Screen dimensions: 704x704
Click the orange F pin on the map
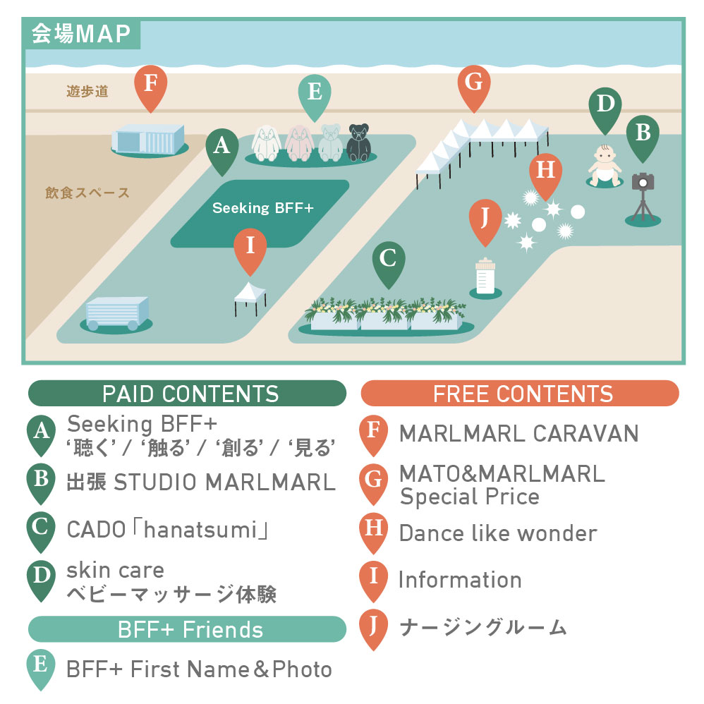tap(150, 85)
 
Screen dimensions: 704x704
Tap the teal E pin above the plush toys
tap(315, 94)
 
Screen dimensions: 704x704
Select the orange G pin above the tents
tap(474, 85)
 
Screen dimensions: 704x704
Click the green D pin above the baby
tap(605, 107)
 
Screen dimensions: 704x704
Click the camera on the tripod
tap(643, 182)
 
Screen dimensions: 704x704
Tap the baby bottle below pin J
tap(485, 276)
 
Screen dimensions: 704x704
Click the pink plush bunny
tap(299, 142)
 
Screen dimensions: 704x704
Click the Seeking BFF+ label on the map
tap(262, 208)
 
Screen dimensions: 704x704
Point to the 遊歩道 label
tap(87, 91)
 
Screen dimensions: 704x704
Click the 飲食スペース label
tap(87, 193)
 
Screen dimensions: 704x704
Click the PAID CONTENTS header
tap(188, 394)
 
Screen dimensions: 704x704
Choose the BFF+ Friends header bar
tap(188, 629)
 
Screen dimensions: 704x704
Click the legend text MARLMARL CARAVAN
tap(518, 433)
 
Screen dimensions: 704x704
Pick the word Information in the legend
tap(460, 580)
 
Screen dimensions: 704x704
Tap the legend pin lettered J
tap(373, 626)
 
